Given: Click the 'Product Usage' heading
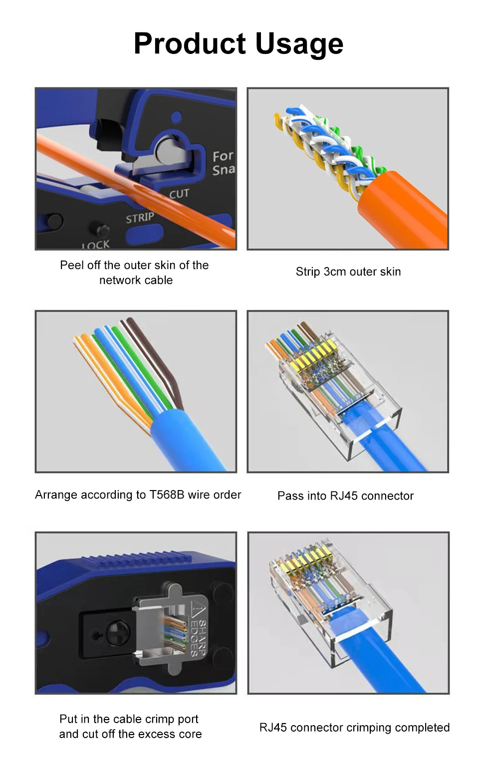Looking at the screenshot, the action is click(x=239, y=44).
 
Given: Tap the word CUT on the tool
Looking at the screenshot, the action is click(x=179, y=194).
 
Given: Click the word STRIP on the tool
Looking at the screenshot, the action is click(x=140, y=218).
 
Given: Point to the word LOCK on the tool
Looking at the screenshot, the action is click(x=96, y=245).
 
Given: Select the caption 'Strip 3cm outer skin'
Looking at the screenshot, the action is click(x=348, y=271).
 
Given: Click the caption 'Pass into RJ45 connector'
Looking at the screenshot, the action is click(x=345, y=496).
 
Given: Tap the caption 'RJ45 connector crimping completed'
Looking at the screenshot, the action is click(x=354, y=728).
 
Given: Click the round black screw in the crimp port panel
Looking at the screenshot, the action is click(x=118, y=633).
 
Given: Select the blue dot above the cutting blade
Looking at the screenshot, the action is click(x=177, y=117).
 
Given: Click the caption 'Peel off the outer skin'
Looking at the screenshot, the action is click(x=134, y=272).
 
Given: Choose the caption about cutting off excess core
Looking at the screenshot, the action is click(x=130, y=727).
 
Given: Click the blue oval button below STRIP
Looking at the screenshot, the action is click(x=144, y=233).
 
